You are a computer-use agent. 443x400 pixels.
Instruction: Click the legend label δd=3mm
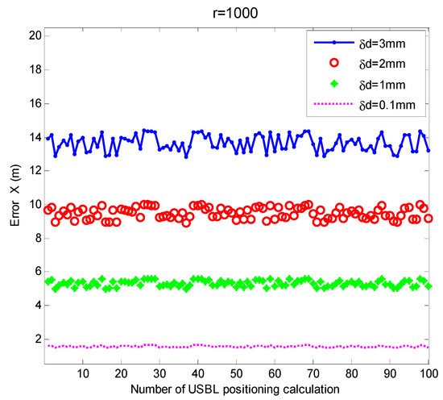click(378, 44)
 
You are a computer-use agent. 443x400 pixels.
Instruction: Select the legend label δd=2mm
click(378, 64)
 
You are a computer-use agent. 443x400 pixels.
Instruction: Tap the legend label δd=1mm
click(378, 85)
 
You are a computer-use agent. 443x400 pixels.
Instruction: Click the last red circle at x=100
click(429, 218)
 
